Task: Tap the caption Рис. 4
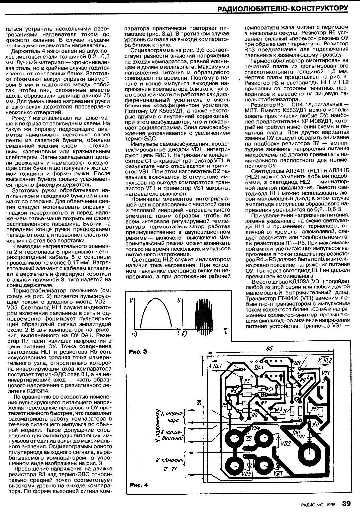138,484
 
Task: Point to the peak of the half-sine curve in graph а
155,299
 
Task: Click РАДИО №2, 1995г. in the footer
320,504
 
